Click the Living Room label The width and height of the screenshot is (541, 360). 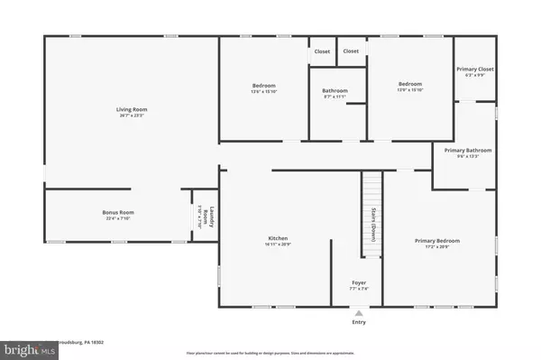pyautogui.click(x=132, y=109)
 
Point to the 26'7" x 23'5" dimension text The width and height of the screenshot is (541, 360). pyautogui.click(x=132, y=115)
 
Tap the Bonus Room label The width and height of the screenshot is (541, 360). pyautogui.click(x=117, y=212)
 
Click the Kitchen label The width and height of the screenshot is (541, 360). pyautogui.click(x=277, y=238)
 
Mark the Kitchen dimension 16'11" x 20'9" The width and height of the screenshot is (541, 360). pyautogui.click(x=277, y=245)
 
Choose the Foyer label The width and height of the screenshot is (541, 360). pyautogui.click(x=359, y=283)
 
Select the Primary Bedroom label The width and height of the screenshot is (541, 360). pyautogui.click(x=437, y=240)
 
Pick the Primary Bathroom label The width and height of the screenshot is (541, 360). pyautogui.click(x=474, y=150)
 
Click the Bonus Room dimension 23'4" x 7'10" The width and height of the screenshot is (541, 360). pyautogui.click(x=117, y=218)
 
